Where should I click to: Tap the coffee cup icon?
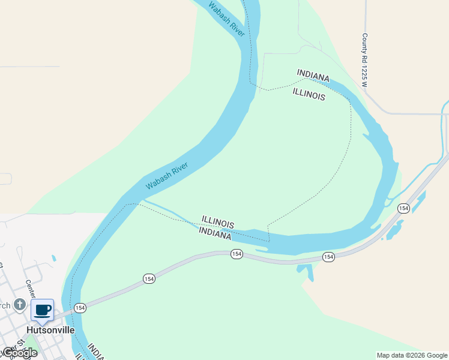click(x=42, y=310)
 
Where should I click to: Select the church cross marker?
click(x=20, y=305)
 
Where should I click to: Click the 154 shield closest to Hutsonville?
click(x=80, y=308)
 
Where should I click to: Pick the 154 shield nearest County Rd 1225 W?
click(x=403, y=208)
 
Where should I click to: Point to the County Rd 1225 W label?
click(x=364, y=60)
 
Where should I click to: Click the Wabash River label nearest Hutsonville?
click(x=167, y=176)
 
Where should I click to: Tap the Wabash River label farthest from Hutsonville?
click(x=226, y=18)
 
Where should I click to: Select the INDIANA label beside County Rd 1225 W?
click(x=313, y=76)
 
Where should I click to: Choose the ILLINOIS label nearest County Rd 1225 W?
click(x=309, y=94)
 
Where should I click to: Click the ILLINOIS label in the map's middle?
click(x=217, y=221)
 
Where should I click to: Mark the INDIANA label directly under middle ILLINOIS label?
click(x=215, y=233)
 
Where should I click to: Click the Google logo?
click(x=19, y=353)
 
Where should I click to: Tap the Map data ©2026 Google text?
click(x=412, y=355)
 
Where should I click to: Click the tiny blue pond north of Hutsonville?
click(x=54, y=259)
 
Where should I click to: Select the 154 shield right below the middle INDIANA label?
click(x=237, y=254)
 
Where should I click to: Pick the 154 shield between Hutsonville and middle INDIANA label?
click(x=149, y=278)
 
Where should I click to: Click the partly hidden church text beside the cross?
click(x=5, y=305)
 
